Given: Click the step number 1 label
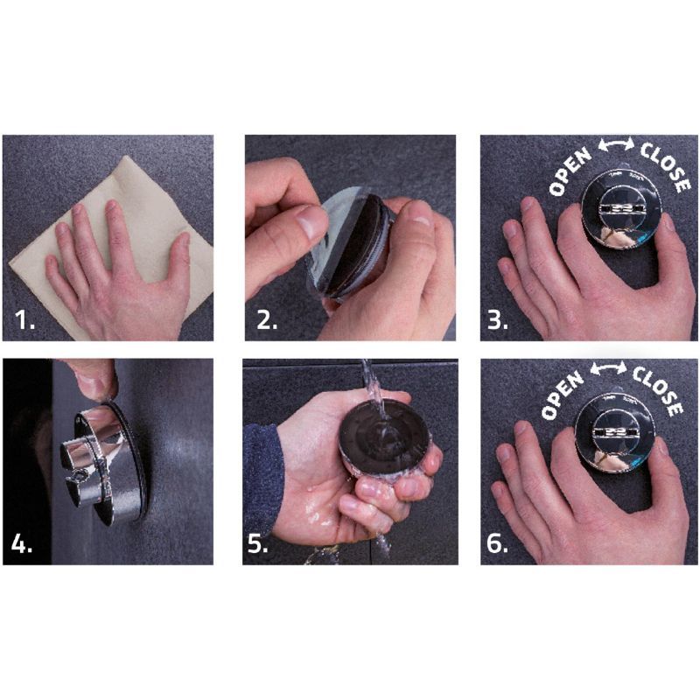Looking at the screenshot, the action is click(25, 319).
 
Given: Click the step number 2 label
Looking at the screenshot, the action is click(267, 319).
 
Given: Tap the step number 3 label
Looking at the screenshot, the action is click(498, 319).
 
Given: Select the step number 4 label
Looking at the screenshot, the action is click(22, 543).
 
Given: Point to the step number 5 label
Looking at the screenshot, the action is click(258, 543).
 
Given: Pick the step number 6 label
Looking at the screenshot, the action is click(497, 543).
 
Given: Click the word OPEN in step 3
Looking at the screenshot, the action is click(570, 172).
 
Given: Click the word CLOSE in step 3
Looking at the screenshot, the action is click(665, 166).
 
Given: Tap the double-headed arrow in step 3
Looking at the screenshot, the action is click(616, 144).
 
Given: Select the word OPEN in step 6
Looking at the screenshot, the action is click(562, 395).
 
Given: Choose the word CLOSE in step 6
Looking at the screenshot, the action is click(657, 389).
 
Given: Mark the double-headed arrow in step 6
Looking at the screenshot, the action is click(608, 367).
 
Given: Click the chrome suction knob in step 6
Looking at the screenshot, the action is click(614, 432).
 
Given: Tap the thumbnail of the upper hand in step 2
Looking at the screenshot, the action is click(312, 222).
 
